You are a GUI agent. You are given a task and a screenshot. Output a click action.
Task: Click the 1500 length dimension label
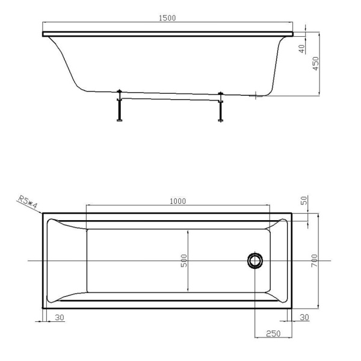coord(167,18)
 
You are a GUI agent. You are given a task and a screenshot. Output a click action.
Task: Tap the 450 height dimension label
coord(316,64)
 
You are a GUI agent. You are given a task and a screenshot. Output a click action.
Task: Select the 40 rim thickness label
coord(301,49)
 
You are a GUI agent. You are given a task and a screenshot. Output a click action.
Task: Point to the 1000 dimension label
coord(177,201)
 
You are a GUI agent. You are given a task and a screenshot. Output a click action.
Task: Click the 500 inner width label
coord(184,261)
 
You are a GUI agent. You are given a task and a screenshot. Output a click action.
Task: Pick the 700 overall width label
coord(314,261)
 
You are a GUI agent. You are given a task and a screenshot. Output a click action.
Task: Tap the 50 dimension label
coord(304,200)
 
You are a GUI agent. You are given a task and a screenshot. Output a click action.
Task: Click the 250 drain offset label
coord(273,333)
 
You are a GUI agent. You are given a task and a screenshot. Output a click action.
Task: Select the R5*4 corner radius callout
coord(28,202)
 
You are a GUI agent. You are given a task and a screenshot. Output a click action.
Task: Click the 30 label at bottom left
coord(60,318)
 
